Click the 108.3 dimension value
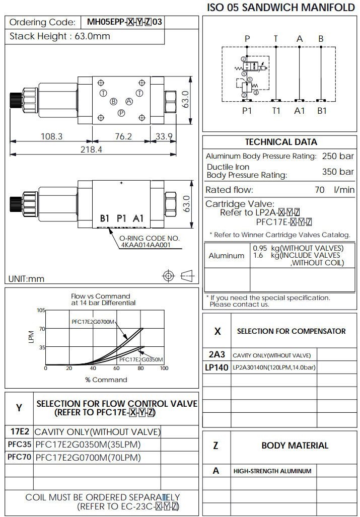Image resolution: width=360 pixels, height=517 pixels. pyautogui.click(x=51, y=136)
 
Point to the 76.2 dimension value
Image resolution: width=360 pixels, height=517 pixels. pyautogui.click(x=123, y=136)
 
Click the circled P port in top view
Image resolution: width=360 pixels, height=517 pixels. pyautogui.click(x=121, y=113)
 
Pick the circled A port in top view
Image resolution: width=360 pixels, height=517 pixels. pyautogui.click(x=129, y=101)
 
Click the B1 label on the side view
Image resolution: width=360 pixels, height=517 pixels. pyautogui.click(x=105, y=218)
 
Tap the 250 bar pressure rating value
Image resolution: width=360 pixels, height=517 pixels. pyautogui.click(x=338, y=156)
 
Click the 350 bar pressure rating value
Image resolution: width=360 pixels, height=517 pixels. pyautogui.click(x=338, y=172)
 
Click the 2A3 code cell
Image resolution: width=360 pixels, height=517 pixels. pyautogui.click(x=217, y=354)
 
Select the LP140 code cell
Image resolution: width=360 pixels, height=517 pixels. pyautogui.click(x=217, y=367)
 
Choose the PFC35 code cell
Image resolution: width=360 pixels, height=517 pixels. pyautogui.click(x=19, y=445)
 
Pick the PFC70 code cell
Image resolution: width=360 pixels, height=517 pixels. pyautogui.click(x=19, y=458)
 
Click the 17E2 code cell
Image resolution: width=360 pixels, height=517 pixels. pyautogui.click(x=20, y=431)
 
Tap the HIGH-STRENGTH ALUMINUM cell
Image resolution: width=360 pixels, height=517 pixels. pyautogui.click(x=272, y=471)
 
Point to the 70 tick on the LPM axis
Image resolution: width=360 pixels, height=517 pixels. pyautogui.click(x=42, y=329)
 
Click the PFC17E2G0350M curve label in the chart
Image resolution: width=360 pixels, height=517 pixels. pyautogui.click(x=141, y=359)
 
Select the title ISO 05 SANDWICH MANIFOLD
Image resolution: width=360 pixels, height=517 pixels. pyautogui.click(x=281, y=8)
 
